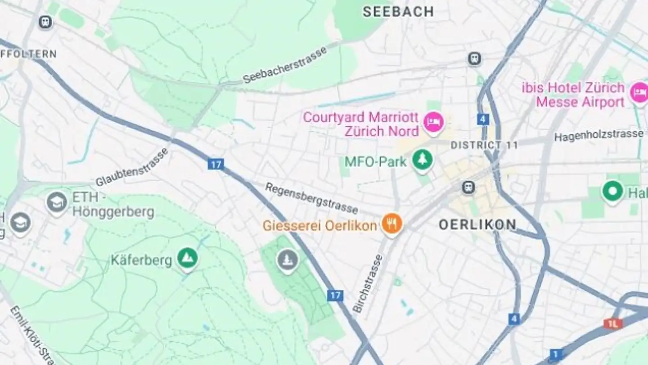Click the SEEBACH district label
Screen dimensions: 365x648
(398, 11)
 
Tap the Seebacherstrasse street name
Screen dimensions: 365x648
(284, 65)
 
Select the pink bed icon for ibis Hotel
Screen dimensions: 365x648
(638, 93)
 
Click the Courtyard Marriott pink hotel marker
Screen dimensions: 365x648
(433, 122)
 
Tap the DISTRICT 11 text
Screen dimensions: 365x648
(484, 145)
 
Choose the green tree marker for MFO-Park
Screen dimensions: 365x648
(423, 159)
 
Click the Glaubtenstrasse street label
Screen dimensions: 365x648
(132, 167)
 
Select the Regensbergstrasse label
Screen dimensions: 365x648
(311, 198)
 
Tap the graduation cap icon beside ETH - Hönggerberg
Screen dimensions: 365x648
(57, 201)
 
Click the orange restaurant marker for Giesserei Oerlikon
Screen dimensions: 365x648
(391, 223)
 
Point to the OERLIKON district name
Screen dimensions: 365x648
(477, 224)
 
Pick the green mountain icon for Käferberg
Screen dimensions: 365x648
(187, 257)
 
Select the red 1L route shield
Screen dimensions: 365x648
(613, 323)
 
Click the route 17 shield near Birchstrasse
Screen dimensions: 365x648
(335, 296)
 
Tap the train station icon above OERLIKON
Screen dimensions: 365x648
(468, 187)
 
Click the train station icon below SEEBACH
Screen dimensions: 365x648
(474, 59)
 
